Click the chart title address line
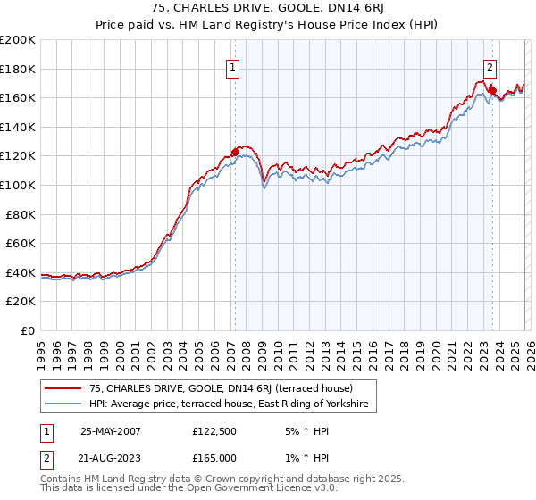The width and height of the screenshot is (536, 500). [268, 8]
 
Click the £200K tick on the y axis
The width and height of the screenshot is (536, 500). [18, 40]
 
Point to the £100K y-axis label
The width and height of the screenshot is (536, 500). [18, 185]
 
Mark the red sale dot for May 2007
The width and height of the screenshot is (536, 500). [236, 152]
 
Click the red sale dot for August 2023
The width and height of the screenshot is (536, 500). [492, 90]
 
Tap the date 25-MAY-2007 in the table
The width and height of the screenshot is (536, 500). [111, 430]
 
